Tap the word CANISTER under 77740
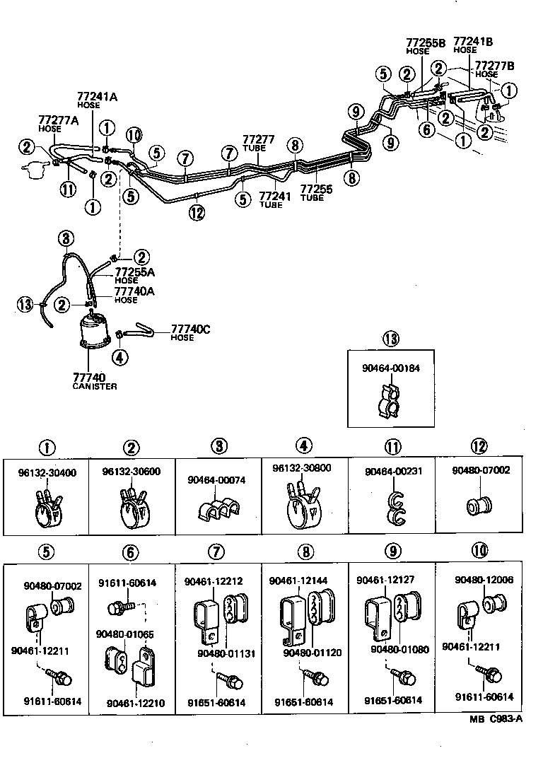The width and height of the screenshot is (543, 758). click(x=94, y=387)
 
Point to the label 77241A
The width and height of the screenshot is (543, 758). click(x=97, y=96)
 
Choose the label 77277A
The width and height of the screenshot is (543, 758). click(x=58, y=121)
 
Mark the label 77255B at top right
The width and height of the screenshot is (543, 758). click(x=426, y=42)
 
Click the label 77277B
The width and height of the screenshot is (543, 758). click(x=494, y=66)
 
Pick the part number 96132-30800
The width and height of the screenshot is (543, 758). click(x=300, y=468)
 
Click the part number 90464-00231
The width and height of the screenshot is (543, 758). click(x=391, y=471)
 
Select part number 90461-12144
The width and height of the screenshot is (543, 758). click(x=298, y=581)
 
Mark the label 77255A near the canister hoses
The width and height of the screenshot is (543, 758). click(x=134, y=272)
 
